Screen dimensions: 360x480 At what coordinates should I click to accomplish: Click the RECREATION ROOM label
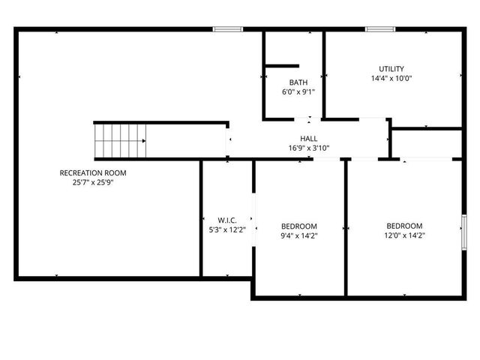pos(93,173)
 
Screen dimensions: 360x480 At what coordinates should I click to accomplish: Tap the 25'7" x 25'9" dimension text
pos(93,182)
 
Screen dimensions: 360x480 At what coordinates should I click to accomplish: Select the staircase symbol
pos(120,141)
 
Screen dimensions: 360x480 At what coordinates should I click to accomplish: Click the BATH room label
pos(298,82)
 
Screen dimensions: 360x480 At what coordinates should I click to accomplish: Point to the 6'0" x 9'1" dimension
pos(298,92)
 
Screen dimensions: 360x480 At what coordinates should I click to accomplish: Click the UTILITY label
pos(391,69)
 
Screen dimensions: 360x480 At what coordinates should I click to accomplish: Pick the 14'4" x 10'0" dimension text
pos(391,78)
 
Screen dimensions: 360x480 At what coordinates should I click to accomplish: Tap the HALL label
pos(308,139)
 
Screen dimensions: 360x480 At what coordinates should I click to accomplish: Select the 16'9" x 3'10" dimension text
pos(308,148)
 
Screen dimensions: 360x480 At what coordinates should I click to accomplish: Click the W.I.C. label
pos(227,220)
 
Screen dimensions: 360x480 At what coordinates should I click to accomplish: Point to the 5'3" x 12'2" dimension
pos(227,229)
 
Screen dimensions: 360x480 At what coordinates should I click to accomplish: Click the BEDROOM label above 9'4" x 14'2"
pos(299,226)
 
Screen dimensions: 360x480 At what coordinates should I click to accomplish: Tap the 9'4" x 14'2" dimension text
pos(299,235)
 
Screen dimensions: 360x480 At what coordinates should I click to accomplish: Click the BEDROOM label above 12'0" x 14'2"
pos(404,226)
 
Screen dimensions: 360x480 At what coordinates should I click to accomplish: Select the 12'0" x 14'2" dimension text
pos(404,235)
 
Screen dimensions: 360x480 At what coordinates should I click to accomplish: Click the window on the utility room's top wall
pos(380,29)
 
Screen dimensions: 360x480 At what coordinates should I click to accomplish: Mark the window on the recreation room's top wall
pos(227,29)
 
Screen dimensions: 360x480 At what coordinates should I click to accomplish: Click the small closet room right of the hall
pos(426,142)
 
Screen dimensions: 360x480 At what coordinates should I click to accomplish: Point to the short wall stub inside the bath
pos(283,66)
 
